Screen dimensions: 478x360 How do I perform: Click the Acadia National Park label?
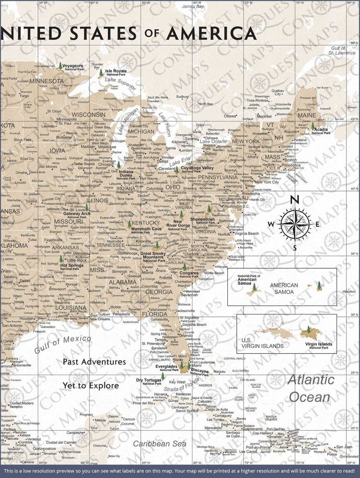pos(321,131)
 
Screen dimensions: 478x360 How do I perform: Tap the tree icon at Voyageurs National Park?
pos(60,66)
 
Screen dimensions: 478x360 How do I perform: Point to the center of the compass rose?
pos(295,224)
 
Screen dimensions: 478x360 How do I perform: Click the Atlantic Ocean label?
pos(311,388)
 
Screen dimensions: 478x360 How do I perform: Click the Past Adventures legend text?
pos(94,362)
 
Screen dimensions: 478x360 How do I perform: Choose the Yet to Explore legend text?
pos(91,386)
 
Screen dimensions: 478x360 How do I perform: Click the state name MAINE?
pos(306,115)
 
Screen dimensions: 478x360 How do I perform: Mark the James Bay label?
pos(193,7)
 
